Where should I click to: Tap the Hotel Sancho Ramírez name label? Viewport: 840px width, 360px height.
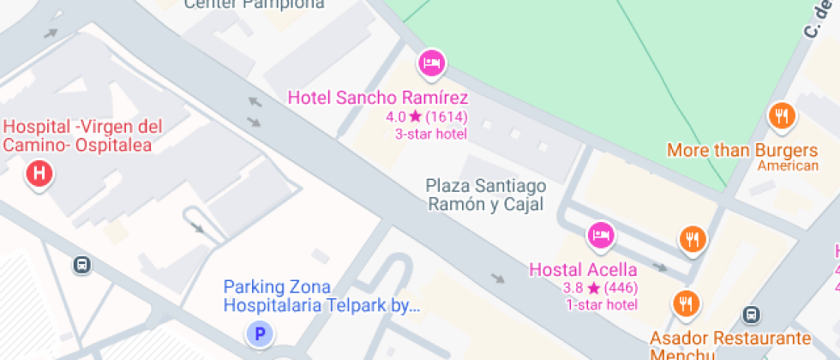(377, 98)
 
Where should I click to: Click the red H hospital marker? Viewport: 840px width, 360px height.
(39, 175)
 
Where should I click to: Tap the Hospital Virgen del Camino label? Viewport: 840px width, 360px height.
(82, 136)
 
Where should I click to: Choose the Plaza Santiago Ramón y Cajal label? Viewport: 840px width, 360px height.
(486, 195)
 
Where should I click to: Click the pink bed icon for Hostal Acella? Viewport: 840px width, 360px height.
(600, 234)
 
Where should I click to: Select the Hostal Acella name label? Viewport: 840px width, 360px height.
(583, 269)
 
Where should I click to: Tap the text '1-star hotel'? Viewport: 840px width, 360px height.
(602, 304)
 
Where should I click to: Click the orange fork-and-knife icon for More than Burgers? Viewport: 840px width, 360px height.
(781, 116)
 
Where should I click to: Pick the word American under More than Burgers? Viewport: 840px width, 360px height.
(788, 166)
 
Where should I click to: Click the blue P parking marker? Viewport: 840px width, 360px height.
(259, 333)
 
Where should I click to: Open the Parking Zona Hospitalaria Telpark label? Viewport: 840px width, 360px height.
(321, 296)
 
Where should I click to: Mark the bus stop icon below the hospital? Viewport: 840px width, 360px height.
(82, 265)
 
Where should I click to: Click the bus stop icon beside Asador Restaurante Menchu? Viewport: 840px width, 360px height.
(752, 315)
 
